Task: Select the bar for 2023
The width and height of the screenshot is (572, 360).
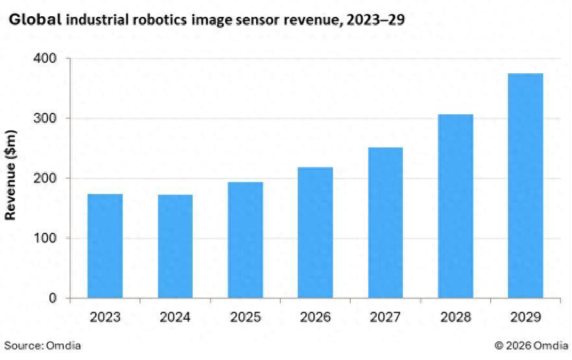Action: (105, 246)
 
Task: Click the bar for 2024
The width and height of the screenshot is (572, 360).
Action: (175, 246)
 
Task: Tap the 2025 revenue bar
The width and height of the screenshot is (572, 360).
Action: (245, 240)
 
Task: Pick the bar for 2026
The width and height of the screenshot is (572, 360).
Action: (315, 232)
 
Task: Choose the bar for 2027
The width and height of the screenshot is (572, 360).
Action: (385, 222)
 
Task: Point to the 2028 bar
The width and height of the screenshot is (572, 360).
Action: (455, 206)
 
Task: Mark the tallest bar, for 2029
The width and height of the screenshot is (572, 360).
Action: (525, 186)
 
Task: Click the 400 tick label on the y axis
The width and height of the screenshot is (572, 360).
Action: (44, 58)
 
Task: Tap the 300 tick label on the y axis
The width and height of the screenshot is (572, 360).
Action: (44, 119)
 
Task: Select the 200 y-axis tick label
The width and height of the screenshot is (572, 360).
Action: (44, 178)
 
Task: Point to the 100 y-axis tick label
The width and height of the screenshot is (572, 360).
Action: (44, 238)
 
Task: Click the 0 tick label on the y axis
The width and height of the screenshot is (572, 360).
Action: (53, 298)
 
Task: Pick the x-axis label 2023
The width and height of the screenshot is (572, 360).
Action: (105, 317)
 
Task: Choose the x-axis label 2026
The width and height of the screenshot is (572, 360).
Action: (315, 317)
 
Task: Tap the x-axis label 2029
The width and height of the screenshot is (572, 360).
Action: (525, 317)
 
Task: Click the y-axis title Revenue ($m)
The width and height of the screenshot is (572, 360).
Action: (11, 175)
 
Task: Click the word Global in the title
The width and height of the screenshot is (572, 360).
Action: (35, 19)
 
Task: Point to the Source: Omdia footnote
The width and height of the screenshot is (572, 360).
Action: (43, 346)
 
